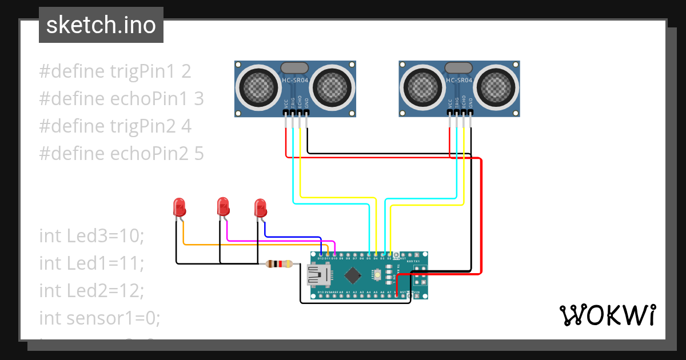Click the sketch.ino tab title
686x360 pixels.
(101, 25)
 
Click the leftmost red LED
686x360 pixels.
(179, 207)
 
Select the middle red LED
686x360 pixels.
(223, 206)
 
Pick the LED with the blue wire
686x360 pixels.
(261, 207)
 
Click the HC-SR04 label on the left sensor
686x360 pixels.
(295, 81)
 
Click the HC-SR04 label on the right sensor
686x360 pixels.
(459, 81)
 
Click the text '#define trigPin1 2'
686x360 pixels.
(115, 71)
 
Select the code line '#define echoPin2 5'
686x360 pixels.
(121, 153)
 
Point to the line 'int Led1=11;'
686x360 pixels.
(91, 263)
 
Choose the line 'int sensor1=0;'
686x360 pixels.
(99, 318)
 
